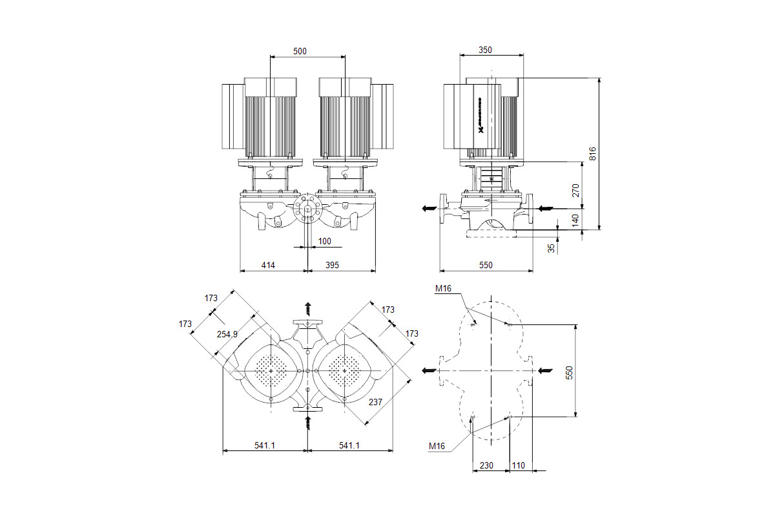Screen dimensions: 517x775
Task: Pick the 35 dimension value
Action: [x=551, y=248]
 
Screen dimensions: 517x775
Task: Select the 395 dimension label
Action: [x=332, y=265]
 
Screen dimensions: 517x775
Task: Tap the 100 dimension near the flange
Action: [x=325, y=241]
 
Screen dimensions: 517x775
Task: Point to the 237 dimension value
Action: [x=375, y=402]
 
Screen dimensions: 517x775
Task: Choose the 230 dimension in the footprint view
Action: [x=486, y=465]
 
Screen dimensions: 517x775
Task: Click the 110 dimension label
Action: [x=518, y=465]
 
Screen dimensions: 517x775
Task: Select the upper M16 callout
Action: [x=443, y=289]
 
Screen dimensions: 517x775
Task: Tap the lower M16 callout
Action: [x=437, y=446]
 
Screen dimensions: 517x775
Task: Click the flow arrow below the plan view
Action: [x=308, y=424]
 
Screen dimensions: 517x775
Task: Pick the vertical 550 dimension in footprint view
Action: [x=569, y=372]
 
